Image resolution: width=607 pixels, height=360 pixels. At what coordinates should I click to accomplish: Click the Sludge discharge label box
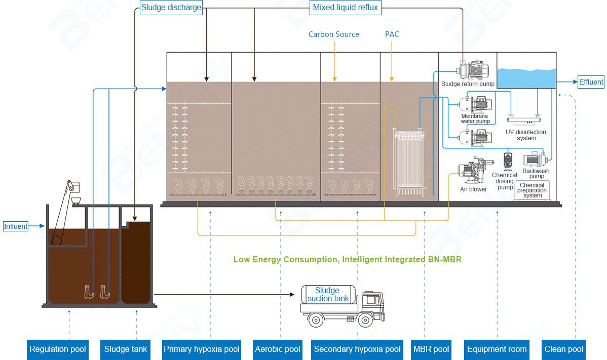click(171, 8)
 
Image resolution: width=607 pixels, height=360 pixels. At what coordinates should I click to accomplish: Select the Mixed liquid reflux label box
click(346, 8)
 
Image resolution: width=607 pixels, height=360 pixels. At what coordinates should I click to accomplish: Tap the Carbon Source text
click(334, 34)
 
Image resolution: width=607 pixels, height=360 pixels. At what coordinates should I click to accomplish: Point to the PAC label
click(392, 34)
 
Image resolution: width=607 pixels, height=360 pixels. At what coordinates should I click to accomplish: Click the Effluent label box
click(591, 82)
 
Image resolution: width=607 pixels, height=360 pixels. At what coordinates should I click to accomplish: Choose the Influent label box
click(16, 226)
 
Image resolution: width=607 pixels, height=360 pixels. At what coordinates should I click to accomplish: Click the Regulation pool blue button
click(58, 349)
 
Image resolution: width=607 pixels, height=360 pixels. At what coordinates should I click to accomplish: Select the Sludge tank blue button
click(126, 349)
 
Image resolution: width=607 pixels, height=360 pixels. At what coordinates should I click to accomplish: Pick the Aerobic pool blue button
click(278, 349)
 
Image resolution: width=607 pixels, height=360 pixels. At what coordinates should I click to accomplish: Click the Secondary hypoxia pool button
click(357, 349)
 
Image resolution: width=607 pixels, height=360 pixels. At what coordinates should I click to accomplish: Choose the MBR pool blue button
click(431, 349)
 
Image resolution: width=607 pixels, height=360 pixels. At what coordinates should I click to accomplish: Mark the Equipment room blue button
click(497, 349)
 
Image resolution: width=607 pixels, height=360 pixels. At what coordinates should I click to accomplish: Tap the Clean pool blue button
click(563, 349)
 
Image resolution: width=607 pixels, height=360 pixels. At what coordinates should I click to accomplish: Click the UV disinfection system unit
click(525, 121)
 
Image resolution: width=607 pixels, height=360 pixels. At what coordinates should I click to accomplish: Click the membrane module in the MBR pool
click(408, 162)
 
